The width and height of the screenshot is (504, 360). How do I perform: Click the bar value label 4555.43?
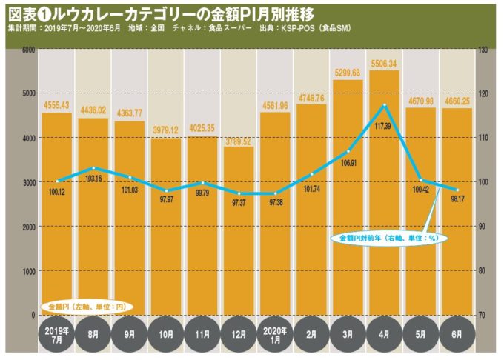[x=56, y=106]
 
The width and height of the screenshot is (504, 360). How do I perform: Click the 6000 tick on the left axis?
[x=27, y=50]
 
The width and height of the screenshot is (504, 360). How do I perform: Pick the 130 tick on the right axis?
[x=483, y=50]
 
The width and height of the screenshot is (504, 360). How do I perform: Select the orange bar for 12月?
[x=238, y=230]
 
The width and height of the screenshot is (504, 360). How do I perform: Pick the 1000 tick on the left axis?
[x=27, y=272]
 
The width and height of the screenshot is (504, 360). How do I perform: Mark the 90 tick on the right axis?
[x=483, y=227]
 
